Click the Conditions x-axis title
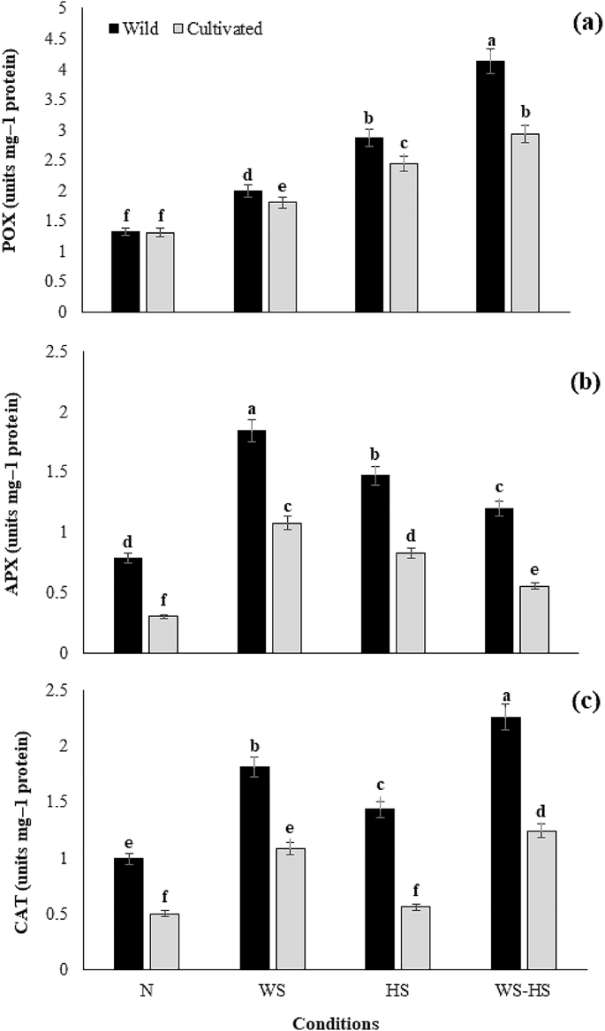(x=336, y=1023)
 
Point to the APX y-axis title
(x=19, y=500)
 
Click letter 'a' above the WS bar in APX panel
(x=252, y=410)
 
